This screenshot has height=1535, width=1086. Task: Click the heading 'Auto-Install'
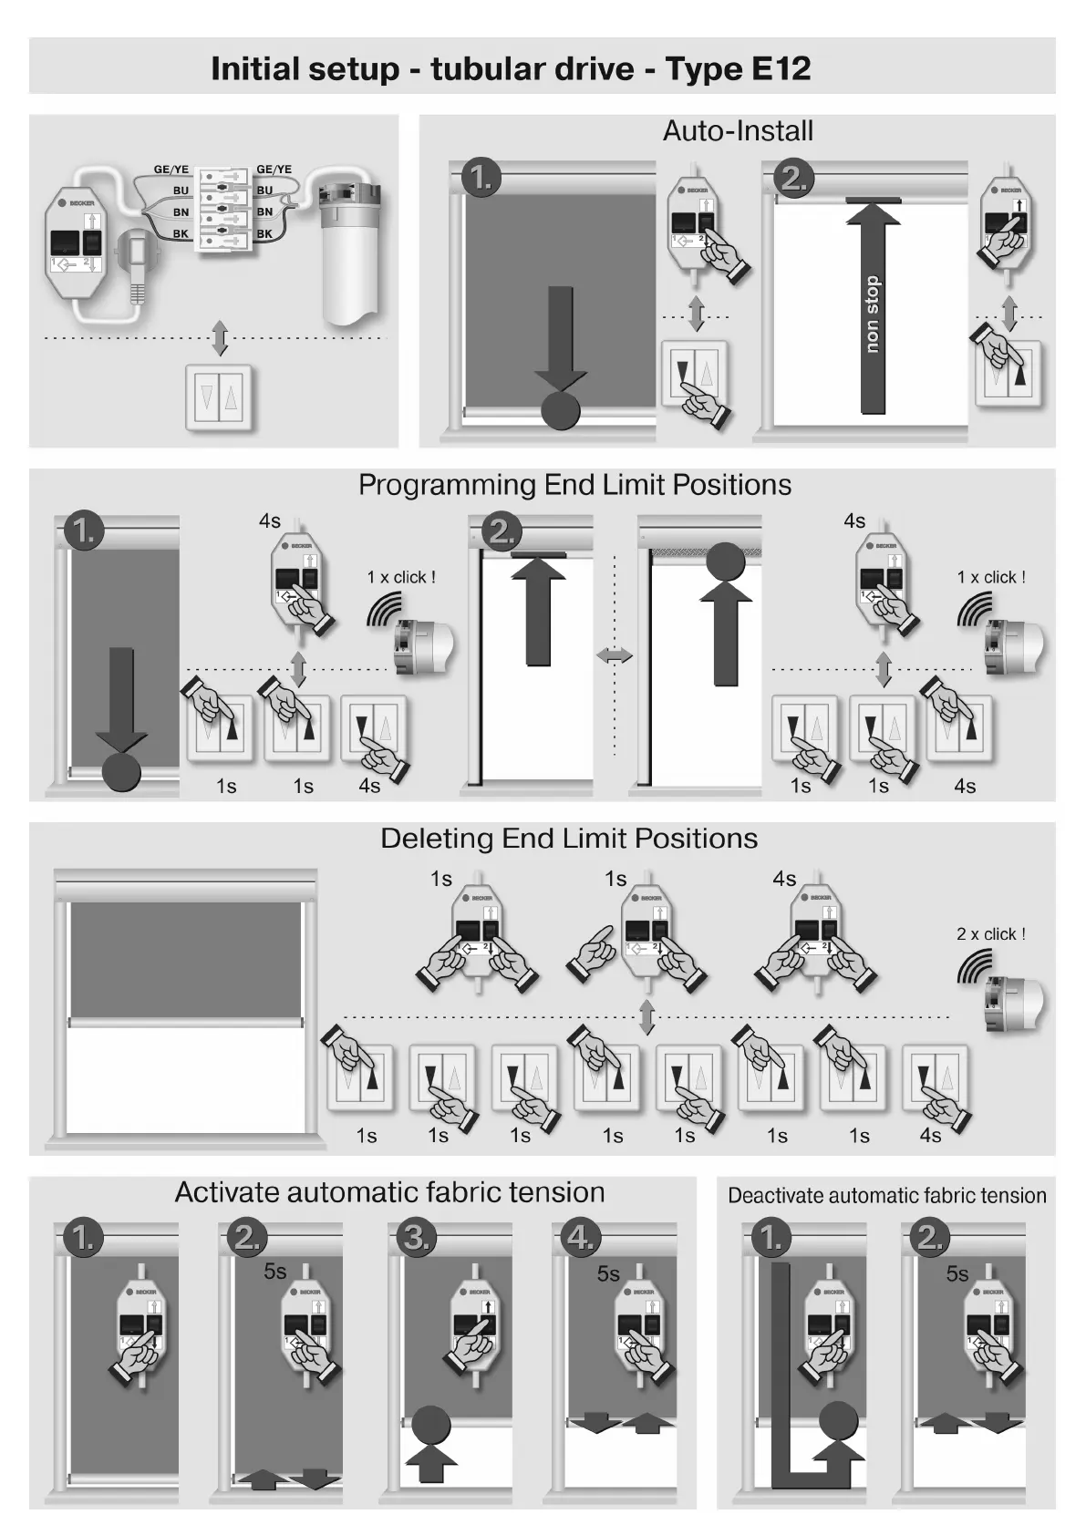[x=738, y=131]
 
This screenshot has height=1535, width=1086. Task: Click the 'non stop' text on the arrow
[x=873, y=314]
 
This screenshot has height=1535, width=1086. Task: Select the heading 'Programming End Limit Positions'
[x=574, y=485]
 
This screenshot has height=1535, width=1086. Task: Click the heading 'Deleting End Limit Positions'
[x=569, y=839]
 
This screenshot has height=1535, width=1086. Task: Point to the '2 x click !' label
[x=990, y=934]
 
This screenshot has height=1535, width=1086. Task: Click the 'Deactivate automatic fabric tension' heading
[x=886, y=1196]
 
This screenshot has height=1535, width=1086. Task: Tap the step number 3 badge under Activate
[x=416, y=1238]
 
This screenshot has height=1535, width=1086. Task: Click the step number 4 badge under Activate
[x=581, y=1238]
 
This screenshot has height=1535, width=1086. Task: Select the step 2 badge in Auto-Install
[x=794, y=178]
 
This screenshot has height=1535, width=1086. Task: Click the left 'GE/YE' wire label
[x=171, y=170]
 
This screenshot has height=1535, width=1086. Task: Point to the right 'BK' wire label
[x=264, y=234]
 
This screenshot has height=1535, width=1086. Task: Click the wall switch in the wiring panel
[x=219, y=396]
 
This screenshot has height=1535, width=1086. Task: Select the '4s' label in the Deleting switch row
[x=930, y=1136]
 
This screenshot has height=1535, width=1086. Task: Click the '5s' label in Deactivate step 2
[x=957, y=1274]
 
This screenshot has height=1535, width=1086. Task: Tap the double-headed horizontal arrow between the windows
[x=614, y=654]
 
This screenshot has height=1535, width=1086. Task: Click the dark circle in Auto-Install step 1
[x=560, y=410]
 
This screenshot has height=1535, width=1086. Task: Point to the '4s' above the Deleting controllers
[x=784, y=879]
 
